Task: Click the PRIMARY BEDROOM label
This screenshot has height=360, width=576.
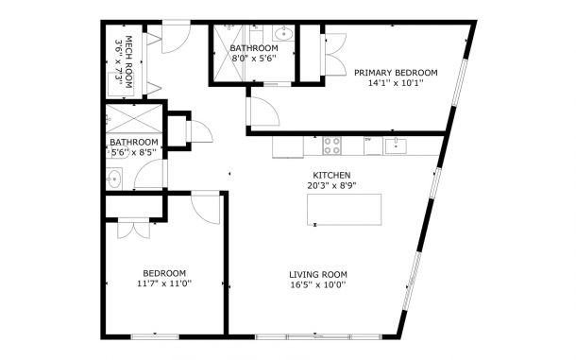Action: pyautogui.click(x=396, y=73)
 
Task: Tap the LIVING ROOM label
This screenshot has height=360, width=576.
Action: pyautogui.click(x=318, y=275)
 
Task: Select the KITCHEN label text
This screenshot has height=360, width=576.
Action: pyautogui.click(x=331, y=175)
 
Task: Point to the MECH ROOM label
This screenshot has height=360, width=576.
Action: pyautogui.click(x=128, y=61)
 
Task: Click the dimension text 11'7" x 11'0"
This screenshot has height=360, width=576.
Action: pyautogui.click(x=164, y=283)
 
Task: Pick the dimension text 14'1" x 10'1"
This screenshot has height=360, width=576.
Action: pyautogui.click(x=396, y=83)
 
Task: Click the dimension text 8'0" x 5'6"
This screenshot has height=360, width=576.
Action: pyautogui.click(x=254, y=58)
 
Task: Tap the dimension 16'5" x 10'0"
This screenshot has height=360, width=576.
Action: pyautogui.click(x=318, y=285)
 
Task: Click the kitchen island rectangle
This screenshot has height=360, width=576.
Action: pyautogui.click(x=345, y=210)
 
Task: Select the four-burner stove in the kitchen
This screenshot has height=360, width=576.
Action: pyautogui.click(x=331, y=146)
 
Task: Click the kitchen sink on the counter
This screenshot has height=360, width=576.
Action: pyautogui.click(x=396, y=146)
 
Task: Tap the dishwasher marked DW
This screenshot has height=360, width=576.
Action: pyautogui.click(x=373, y=146)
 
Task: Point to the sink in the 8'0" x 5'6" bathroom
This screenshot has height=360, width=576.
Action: pyautogui.click(x=283, y=34)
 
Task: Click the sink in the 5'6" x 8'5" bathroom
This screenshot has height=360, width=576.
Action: pyautogui.click(x=114, y=180)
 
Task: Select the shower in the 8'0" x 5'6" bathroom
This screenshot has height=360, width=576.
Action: pyautogui.click(x=229, y=53)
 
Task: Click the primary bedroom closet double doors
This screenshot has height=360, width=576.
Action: pyautogui.click(x=334, y=55)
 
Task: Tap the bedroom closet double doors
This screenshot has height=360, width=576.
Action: pyautogui.click(x=134, y=229)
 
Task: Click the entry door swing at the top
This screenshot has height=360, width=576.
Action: pyautogui.click(x=177, y=37)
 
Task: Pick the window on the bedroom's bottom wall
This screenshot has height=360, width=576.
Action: pyautogui.click(x=155, y=336)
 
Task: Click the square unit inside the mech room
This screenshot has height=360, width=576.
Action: pyautogui.click(x=121, y=84)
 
